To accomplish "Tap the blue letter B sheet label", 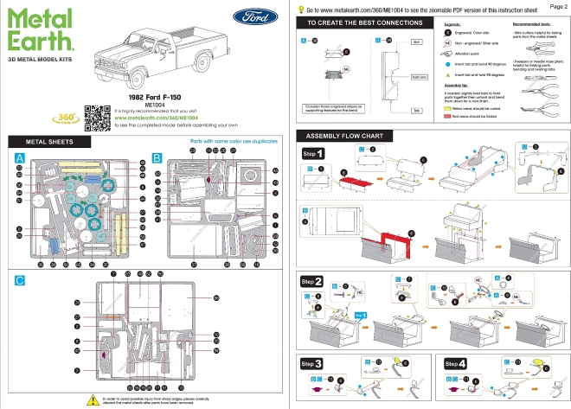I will pyautogui.click(x=157, y=158).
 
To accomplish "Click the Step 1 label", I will pyautogui.click(x=313, y=153).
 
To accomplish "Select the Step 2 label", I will pyautogui.click(x=312, y=282).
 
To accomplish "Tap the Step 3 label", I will pyautogui.click(x=312, y=363).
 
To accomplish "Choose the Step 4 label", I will pyautogui.click(x=456, y=363).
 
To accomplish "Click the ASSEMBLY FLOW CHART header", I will pyautogui.click(x=340, y=136).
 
